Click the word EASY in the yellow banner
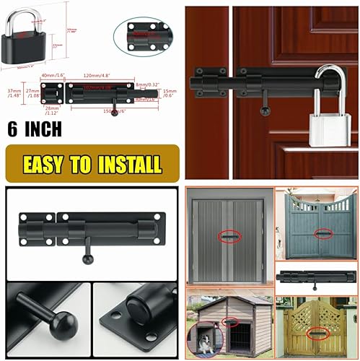(x=48, y=163)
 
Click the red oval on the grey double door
(x=229, y=238)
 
